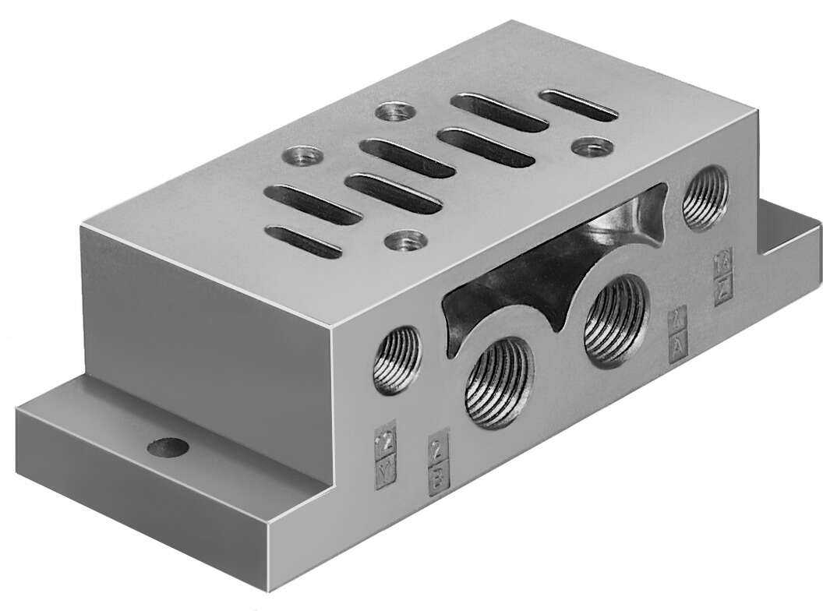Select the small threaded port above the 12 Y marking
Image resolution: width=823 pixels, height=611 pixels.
tap(397, 359)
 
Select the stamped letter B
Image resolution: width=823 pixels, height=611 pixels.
tap(439, 477)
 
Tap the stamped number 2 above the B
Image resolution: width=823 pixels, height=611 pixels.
tap(439, 449)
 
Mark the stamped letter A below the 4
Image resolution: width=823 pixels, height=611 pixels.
tap(678, 341)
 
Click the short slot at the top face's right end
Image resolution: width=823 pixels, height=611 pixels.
tap(579, 104)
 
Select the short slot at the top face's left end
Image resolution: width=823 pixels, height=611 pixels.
tap(305, 241)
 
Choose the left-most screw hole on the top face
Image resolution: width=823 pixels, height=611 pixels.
tap(301, 155)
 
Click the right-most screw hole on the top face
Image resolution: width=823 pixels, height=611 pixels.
tap(592, 146)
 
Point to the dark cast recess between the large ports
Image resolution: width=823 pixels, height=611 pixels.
tap(538, 273)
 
